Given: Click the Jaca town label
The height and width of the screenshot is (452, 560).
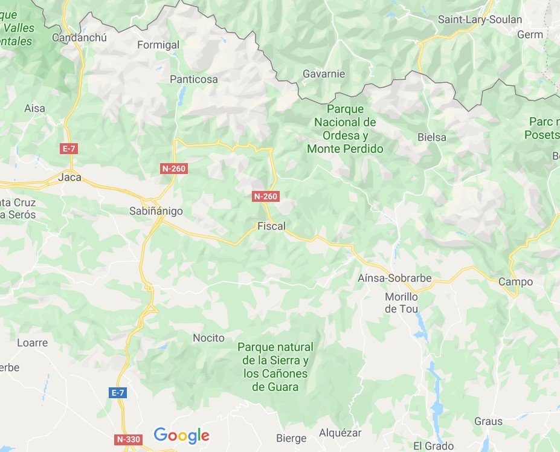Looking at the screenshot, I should [69, 178].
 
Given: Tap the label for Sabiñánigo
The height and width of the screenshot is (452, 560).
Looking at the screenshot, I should [156, 211].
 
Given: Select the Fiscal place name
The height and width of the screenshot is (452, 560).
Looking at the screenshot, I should [271, 227].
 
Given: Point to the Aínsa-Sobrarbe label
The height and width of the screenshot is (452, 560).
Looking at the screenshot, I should [403, 279].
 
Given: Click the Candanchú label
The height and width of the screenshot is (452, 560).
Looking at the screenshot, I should [79, 38].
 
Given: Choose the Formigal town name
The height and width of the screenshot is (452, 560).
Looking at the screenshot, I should [158, 45].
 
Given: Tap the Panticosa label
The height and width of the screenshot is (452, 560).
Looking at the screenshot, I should [193, 79].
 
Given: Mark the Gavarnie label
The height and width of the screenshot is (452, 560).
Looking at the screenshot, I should [323, 74].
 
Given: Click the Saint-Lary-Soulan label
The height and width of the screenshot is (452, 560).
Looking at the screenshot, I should [480, 19].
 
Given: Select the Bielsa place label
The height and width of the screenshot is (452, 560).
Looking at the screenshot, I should [432, 137].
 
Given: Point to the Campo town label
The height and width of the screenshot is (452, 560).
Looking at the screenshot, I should [515, 282].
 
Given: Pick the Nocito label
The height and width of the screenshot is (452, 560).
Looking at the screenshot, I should [208, 338].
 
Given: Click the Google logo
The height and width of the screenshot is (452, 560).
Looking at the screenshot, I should [181, 435].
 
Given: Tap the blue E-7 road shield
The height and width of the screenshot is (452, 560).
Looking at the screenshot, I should [118, 393].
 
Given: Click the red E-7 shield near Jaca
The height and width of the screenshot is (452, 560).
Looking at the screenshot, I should [69, 148].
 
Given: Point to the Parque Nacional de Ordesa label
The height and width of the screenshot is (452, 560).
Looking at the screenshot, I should [345, 129].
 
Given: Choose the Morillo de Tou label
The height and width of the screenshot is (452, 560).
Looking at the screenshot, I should [402, 303].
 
